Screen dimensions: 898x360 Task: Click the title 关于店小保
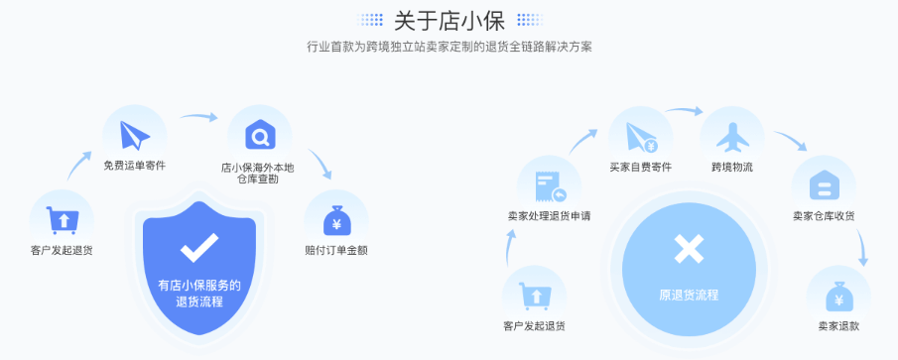(x=449, y=19)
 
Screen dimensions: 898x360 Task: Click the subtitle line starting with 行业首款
(x=449, y=47)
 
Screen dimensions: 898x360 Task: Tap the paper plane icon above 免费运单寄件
(x=134, y=134)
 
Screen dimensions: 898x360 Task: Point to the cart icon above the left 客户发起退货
(x=63, y=218)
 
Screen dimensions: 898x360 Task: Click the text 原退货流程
(x=688, y=295)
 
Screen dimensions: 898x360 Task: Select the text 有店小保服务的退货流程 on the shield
(x=199, y=293)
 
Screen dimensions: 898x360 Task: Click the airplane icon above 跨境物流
(x=732, y=135)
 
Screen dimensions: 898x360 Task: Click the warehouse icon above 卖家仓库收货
(x=824, y=184)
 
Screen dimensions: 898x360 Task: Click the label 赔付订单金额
(x=336, y=250)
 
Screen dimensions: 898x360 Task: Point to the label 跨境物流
(x=732, y=167)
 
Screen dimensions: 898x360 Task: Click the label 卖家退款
(x=838, y=326)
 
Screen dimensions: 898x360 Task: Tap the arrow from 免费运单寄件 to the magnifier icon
(x=198, y=116)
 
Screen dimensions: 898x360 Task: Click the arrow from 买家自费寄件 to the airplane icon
(x=684, y=110)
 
